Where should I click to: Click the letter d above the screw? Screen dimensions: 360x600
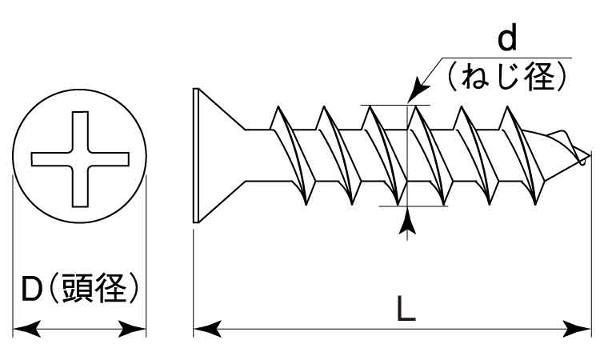tap(507, 38)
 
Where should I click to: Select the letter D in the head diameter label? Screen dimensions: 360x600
tap(31, 289)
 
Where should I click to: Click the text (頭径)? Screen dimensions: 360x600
tap(94, 289)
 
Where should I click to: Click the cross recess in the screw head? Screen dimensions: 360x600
tap(80, 157)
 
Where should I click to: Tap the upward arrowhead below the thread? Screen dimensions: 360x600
tap(408, 222)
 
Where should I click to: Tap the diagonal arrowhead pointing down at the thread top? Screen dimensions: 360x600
tap(416, 95)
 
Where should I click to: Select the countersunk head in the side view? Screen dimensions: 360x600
tap(216, 156)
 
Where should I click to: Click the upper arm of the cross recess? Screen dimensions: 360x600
tap(80, 128)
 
